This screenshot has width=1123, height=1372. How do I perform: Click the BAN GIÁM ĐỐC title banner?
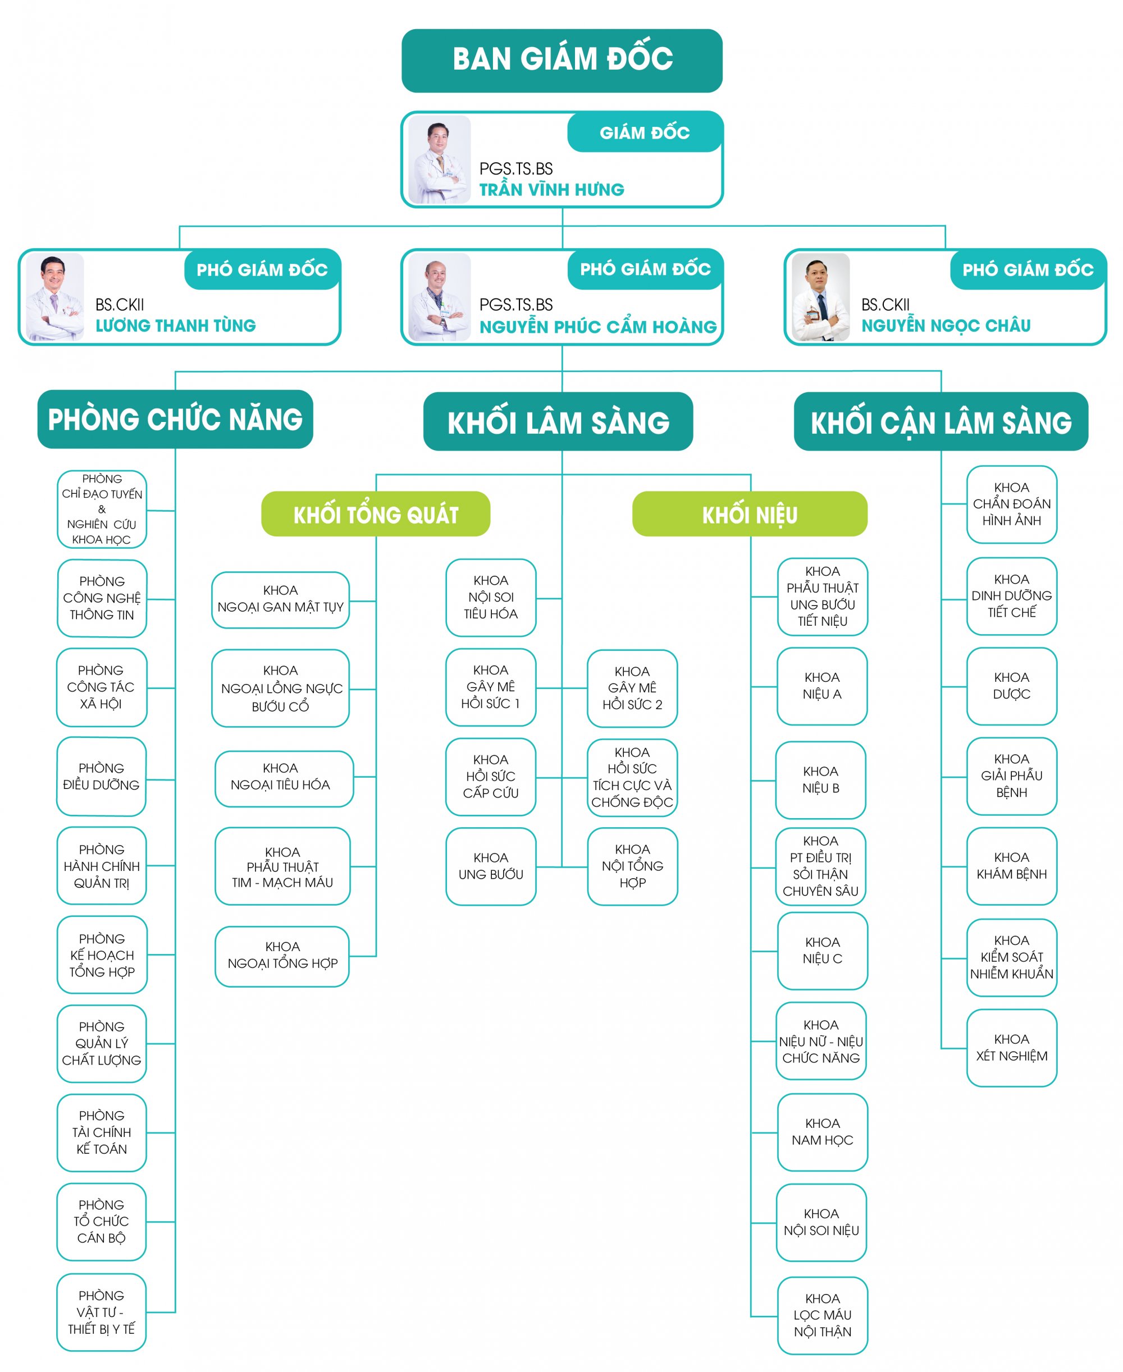(561, 60)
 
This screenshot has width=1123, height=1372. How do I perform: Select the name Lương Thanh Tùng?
(175, 325)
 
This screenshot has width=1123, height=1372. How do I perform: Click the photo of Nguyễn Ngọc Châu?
(820, 296)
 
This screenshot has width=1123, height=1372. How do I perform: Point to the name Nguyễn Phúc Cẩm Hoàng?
(598, 327)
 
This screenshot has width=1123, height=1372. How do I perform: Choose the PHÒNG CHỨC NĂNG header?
(175, 419)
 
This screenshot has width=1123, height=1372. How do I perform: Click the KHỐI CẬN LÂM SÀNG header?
(941, 421)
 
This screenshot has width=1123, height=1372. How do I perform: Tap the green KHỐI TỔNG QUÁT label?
(375, 514)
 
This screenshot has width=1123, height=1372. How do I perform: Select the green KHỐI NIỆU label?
(749, 514)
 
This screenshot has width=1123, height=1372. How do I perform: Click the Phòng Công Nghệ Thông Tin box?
(102, 598)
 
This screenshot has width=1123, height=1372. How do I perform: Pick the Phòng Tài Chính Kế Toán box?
(102, 1132)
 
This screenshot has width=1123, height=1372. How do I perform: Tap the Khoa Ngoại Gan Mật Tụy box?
(280, 599)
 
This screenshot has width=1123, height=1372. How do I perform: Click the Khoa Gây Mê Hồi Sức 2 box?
(632, 688)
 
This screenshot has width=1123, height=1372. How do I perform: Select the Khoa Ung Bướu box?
(490, 866)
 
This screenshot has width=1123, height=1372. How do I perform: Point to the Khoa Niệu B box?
(820, 780)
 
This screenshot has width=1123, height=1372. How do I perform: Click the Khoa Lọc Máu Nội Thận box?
(821, 1314)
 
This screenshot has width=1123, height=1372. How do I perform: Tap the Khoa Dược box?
(1011, 685)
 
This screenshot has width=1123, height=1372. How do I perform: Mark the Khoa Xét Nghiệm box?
(1011, 1048)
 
